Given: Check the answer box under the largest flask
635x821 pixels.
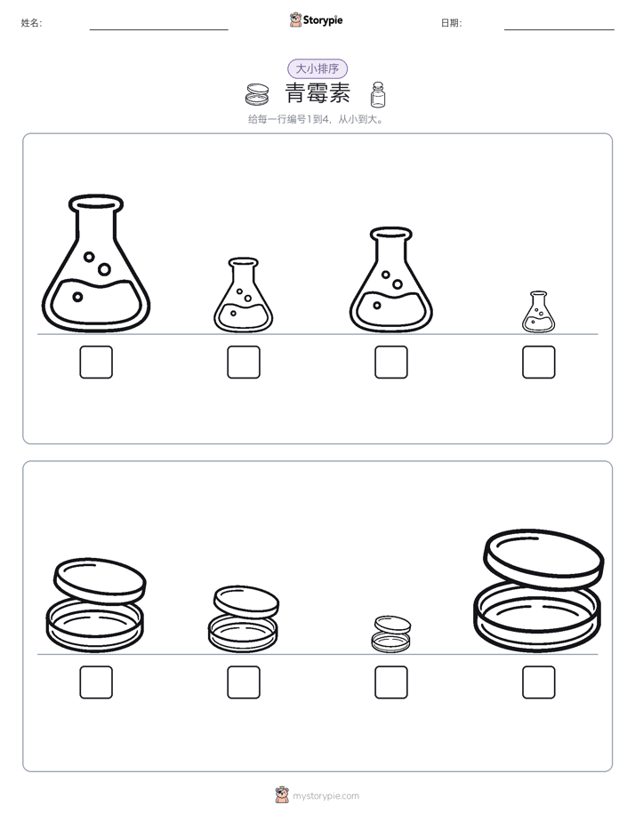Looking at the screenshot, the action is point(96,362).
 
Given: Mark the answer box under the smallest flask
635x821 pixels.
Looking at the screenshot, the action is point(539,362).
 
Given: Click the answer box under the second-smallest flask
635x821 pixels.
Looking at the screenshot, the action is point(244,362).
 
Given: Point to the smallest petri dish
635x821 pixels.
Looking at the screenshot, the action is point(390,634).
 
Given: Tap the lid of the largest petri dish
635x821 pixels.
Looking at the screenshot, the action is point(543,558).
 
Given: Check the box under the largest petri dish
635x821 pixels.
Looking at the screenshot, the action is point(539,682).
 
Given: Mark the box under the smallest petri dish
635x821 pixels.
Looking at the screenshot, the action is point(390,682).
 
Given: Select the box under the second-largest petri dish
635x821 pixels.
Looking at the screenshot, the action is point(96,682).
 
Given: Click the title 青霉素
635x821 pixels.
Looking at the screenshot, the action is point(317,93).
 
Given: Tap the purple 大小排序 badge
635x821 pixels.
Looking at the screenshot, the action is point(317,68).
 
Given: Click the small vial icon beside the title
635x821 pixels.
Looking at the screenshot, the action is point(378,95).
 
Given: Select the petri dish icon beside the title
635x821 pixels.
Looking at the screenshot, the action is point(257,94).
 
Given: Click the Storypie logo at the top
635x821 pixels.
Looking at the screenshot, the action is point(316,20).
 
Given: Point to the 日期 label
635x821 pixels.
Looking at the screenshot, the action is point(451,22).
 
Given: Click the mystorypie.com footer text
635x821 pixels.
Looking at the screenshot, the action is point(326,796).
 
